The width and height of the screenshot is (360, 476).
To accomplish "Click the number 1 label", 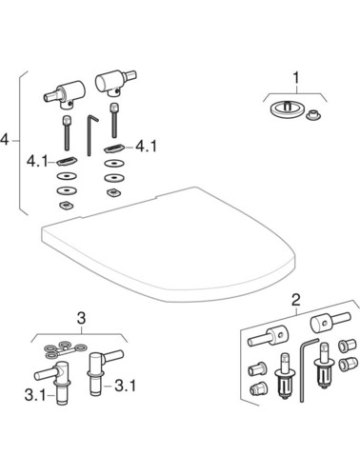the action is click(296, 78).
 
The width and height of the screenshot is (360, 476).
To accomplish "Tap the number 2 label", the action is click(295, 300).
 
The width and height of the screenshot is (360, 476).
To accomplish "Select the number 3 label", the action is click(82, 318).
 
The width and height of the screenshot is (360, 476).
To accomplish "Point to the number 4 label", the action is click(4, 140).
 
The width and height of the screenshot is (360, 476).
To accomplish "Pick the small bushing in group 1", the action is click(313, 115).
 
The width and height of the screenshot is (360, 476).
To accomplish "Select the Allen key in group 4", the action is click(91, 135).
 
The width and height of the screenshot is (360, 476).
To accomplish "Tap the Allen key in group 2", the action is click(307, 369).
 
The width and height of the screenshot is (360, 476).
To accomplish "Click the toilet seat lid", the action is click(169, 245).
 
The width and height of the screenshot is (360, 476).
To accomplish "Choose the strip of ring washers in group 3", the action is click(66, 350).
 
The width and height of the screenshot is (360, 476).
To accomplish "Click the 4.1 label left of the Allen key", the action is click(37, 162).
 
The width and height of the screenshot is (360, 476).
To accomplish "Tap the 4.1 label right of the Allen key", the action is click(146, 147).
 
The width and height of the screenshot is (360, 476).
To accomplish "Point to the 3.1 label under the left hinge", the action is click(35, 396).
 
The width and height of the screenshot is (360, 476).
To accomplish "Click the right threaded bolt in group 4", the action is click(113, 120).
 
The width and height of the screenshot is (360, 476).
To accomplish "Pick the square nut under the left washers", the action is click(66, 206).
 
